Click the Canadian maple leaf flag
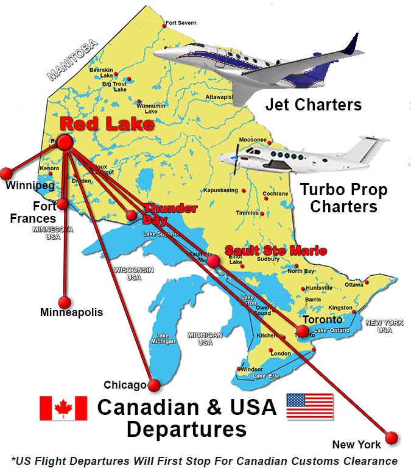[63, 408]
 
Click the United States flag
[310, 407]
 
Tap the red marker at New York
[391, 437]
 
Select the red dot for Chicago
[154, 385]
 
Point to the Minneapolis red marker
[64, 302]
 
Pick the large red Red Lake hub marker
[65, 142]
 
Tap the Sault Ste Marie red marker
[213, 261]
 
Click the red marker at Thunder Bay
[131, 215]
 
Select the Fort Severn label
[182, 23]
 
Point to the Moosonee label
[252, 140]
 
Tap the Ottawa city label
[354, 284]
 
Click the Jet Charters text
[313, 104]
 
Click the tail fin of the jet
[350, 45]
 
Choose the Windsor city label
[251, 370]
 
